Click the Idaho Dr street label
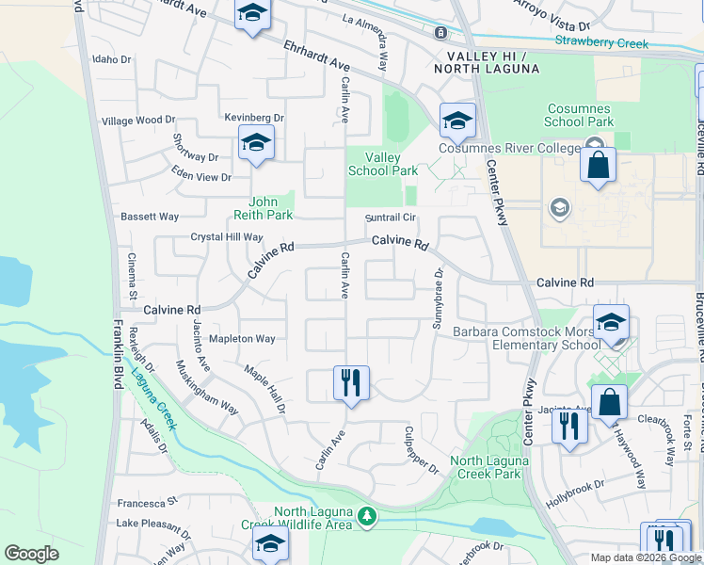112,59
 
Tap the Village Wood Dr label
139,121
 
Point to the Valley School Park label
383,165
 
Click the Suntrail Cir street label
391,218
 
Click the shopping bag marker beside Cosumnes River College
598,166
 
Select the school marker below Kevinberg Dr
256,143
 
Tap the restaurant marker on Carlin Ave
351,383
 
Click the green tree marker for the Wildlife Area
368,515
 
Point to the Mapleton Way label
242,339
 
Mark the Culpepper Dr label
421,450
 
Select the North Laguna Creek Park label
486,467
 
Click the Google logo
31,554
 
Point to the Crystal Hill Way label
227,237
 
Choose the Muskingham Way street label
207,387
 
